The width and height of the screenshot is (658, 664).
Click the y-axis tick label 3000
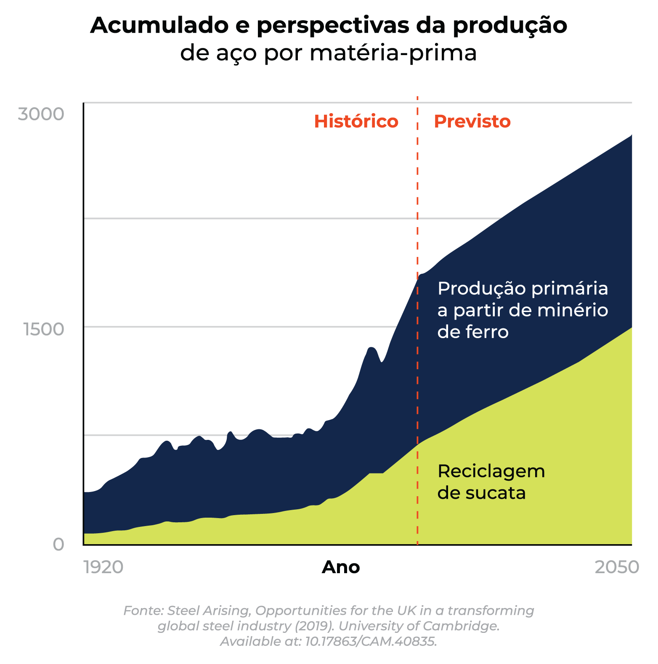point(41,114)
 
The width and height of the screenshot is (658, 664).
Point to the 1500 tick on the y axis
point(44,329)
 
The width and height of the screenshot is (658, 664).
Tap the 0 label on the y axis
point(58,544)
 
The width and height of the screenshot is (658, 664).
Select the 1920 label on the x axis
point(103,567)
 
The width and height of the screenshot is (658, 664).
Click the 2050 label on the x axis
point(616,567)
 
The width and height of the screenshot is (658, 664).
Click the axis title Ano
point(341,567)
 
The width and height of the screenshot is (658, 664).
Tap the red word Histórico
point(356,122)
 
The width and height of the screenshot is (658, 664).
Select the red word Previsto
point(472,122)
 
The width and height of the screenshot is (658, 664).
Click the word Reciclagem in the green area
point(491,471)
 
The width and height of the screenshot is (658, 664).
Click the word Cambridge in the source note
point(461,626)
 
